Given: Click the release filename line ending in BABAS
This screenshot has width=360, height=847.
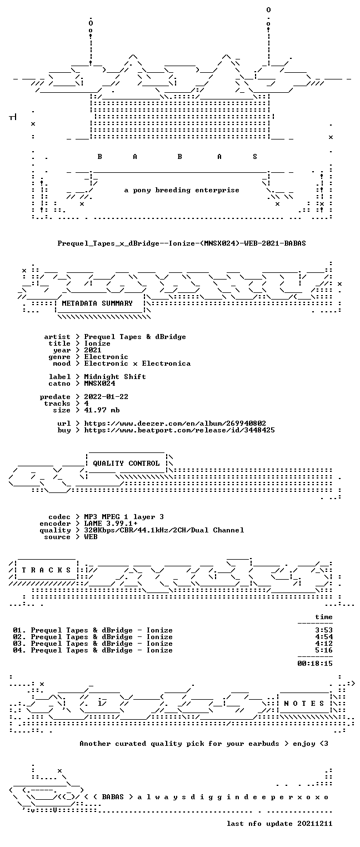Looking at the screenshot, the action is point(182,243).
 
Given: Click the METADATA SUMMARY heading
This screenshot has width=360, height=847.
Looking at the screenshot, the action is point(97,303).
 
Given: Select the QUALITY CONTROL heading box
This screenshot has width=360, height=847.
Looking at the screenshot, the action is point(126,464).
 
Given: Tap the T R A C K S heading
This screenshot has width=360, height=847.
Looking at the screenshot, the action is point(46,570).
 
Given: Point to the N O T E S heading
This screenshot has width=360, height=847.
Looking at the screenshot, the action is point(304,703).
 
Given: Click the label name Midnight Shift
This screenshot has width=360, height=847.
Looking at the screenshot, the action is point(115,377).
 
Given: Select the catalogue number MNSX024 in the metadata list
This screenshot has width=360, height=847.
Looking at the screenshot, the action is point(99,383).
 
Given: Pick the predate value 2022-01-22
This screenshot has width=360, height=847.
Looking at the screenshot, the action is point(106,397).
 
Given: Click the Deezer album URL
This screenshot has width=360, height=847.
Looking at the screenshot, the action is point(174,423).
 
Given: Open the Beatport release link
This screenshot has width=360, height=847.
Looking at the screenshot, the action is point(179,430).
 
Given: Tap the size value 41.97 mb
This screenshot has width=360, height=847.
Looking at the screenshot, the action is point(102,410).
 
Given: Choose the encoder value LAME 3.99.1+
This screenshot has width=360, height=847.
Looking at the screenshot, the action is point(111,524).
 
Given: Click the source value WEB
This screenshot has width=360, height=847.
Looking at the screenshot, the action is point(91,537).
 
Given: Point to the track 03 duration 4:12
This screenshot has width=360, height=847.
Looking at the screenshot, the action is point(324,644).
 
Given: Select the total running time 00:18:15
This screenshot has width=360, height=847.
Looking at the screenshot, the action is point(315,664).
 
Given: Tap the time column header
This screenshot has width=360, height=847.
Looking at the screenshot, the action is point(324,617).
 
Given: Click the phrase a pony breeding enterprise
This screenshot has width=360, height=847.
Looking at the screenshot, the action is point(182,190).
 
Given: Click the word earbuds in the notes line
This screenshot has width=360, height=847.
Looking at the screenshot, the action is point(263,744).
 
